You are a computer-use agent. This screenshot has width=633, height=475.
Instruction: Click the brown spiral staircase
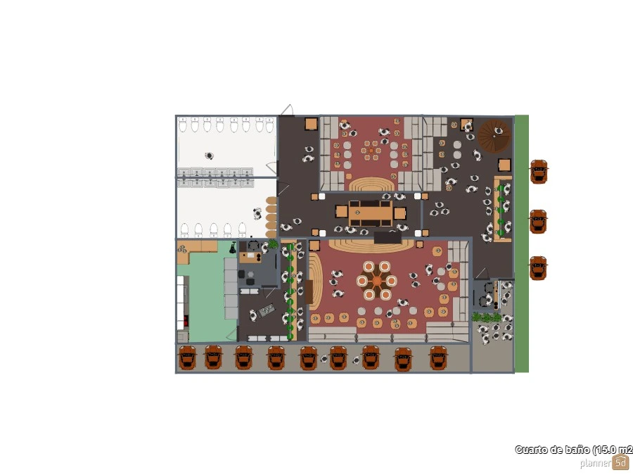click(x=494, y=135)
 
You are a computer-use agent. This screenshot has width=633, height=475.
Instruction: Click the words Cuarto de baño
click(x=553, y=450)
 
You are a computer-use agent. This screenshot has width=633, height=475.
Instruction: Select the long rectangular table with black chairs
click(x=370, y=213)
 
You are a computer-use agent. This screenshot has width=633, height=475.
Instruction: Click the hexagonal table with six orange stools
click(x=377, y=281)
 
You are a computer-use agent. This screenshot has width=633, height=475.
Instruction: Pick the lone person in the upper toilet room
click(x=209, y=156)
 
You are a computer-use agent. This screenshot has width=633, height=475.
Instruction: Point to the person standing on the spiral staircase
click(x=499, y=131)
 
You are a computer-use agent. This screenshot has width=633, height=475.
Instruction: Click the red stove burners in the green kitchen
click(x=186, y=321)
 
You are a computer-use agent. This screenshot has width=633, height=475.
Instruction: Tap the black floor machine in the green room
click(x=233, y=248)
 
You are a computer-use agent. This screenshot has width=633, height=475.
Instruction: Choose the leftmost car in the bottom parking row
click(x=187, y=357)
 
